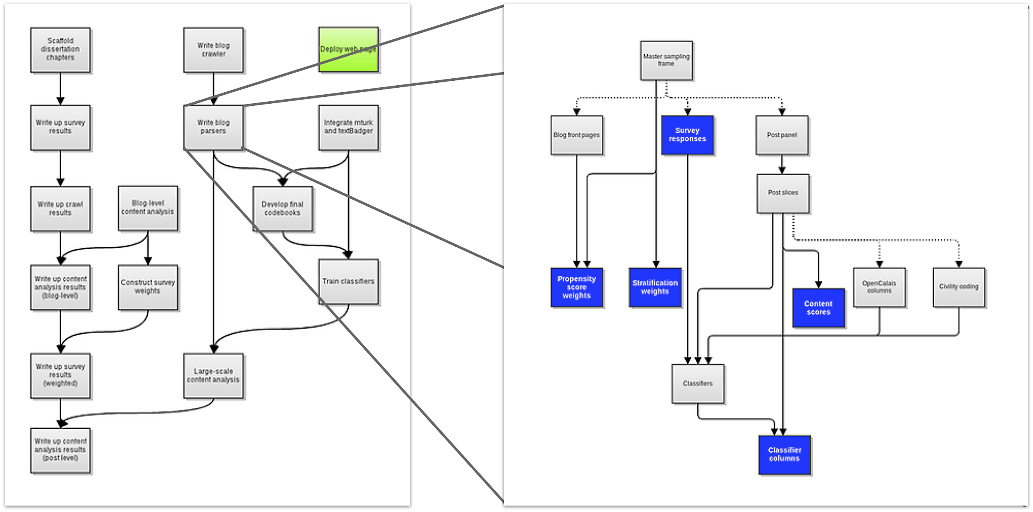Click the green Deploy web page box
(x=348, y=50)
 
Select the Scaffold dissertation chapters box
(x=60, y=50)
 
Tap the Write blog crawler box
(x=213, y=50)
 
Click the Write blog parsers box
(x=213, y=127)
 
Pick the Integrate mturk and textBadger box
(x=348, y=127)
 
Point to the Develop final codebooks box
(x=282, y=209)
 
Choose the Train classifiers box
(x=348, y=282)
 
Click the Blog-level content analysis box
(x=148, y=208)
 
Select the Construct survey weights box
(x=148, y=287)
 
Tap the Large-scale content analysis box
(x=213, y=376)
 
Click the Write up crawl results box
(x=60, y=209)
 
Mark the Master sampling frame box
(x=666, y=60)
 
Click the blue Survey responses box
(x=687, y=135)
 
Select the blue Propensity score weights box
(x=576, y=287)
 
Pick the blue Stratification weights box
(x=655, y=287)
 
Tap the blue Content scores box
(x=818, y=308)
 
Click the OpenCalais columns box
(x=879, y=287)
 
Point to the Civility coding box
(x=958, y=287)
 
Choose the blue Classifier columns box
(x=784, y=455)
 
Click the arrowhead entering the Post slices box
(x=782, y=170)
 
